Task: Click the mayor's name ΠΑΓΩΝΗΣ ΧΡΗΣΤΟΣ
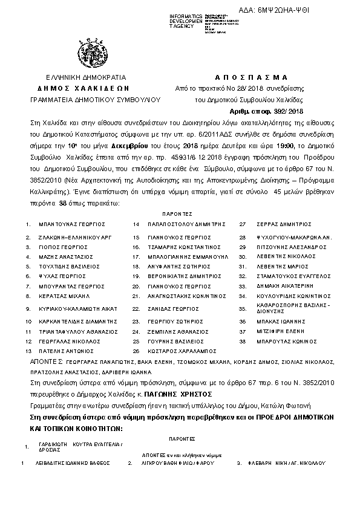[202, 392]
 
